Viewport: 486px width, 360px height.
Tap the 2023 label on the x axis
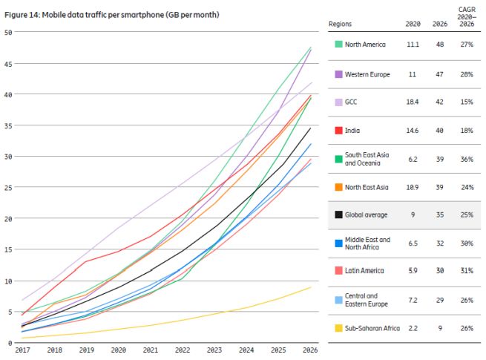click(215, 350)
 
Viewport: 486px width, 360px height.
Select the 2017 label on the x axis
click(22, 350)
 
